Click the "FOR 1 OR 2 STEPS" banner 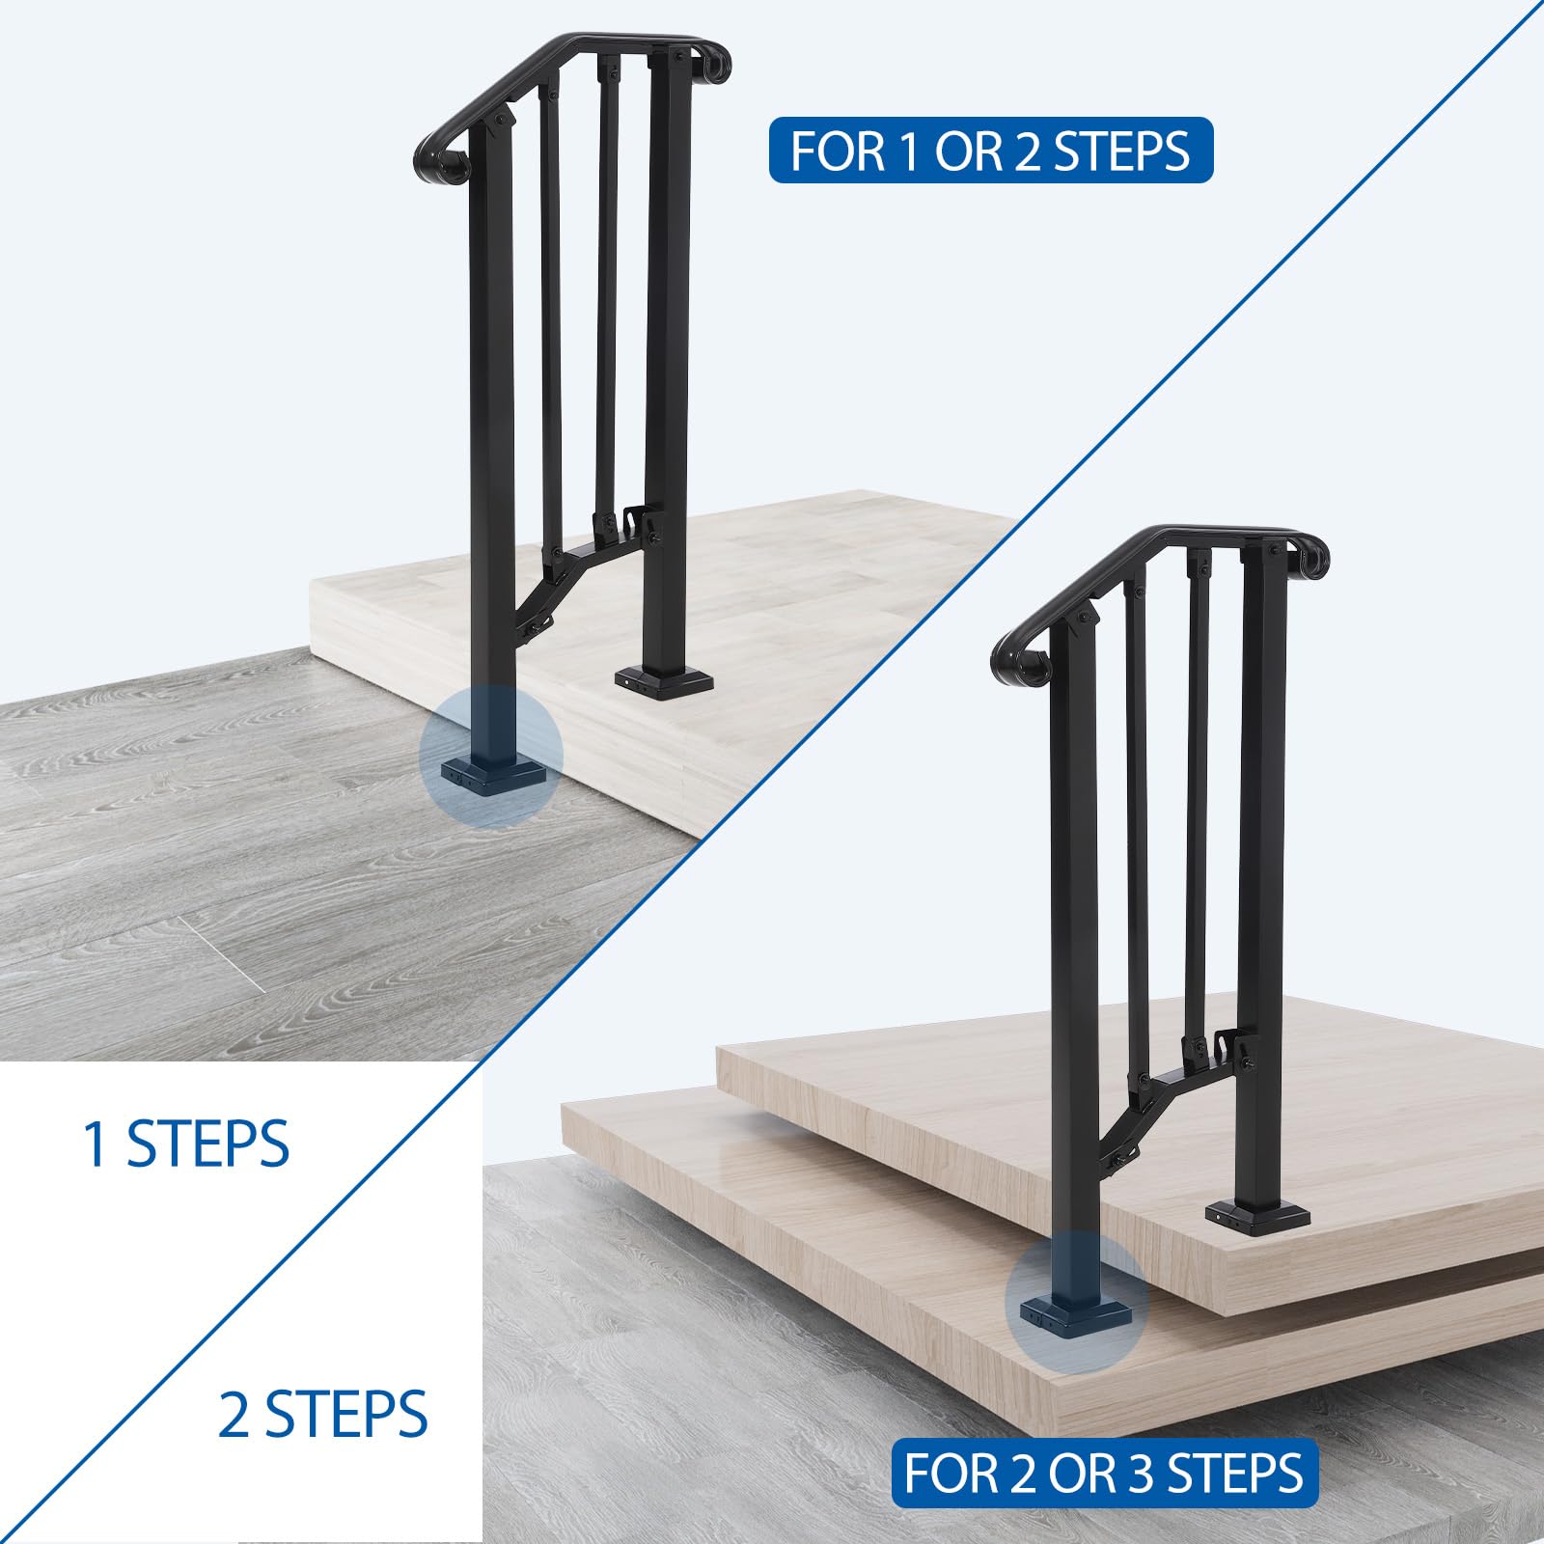coord(990,151)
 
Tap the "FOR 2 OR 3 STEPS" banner coord(1104,1473)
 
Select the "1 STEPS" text coord(186,1144)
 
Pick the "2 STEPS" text coord(322,1415)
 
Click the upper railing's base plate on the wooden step coord(665,680)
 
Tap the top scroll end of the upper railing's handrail coord(715,63)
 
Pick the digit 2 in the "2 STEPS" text coord(234,1415)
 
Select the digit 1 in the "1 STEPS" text coord(96,1144)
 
